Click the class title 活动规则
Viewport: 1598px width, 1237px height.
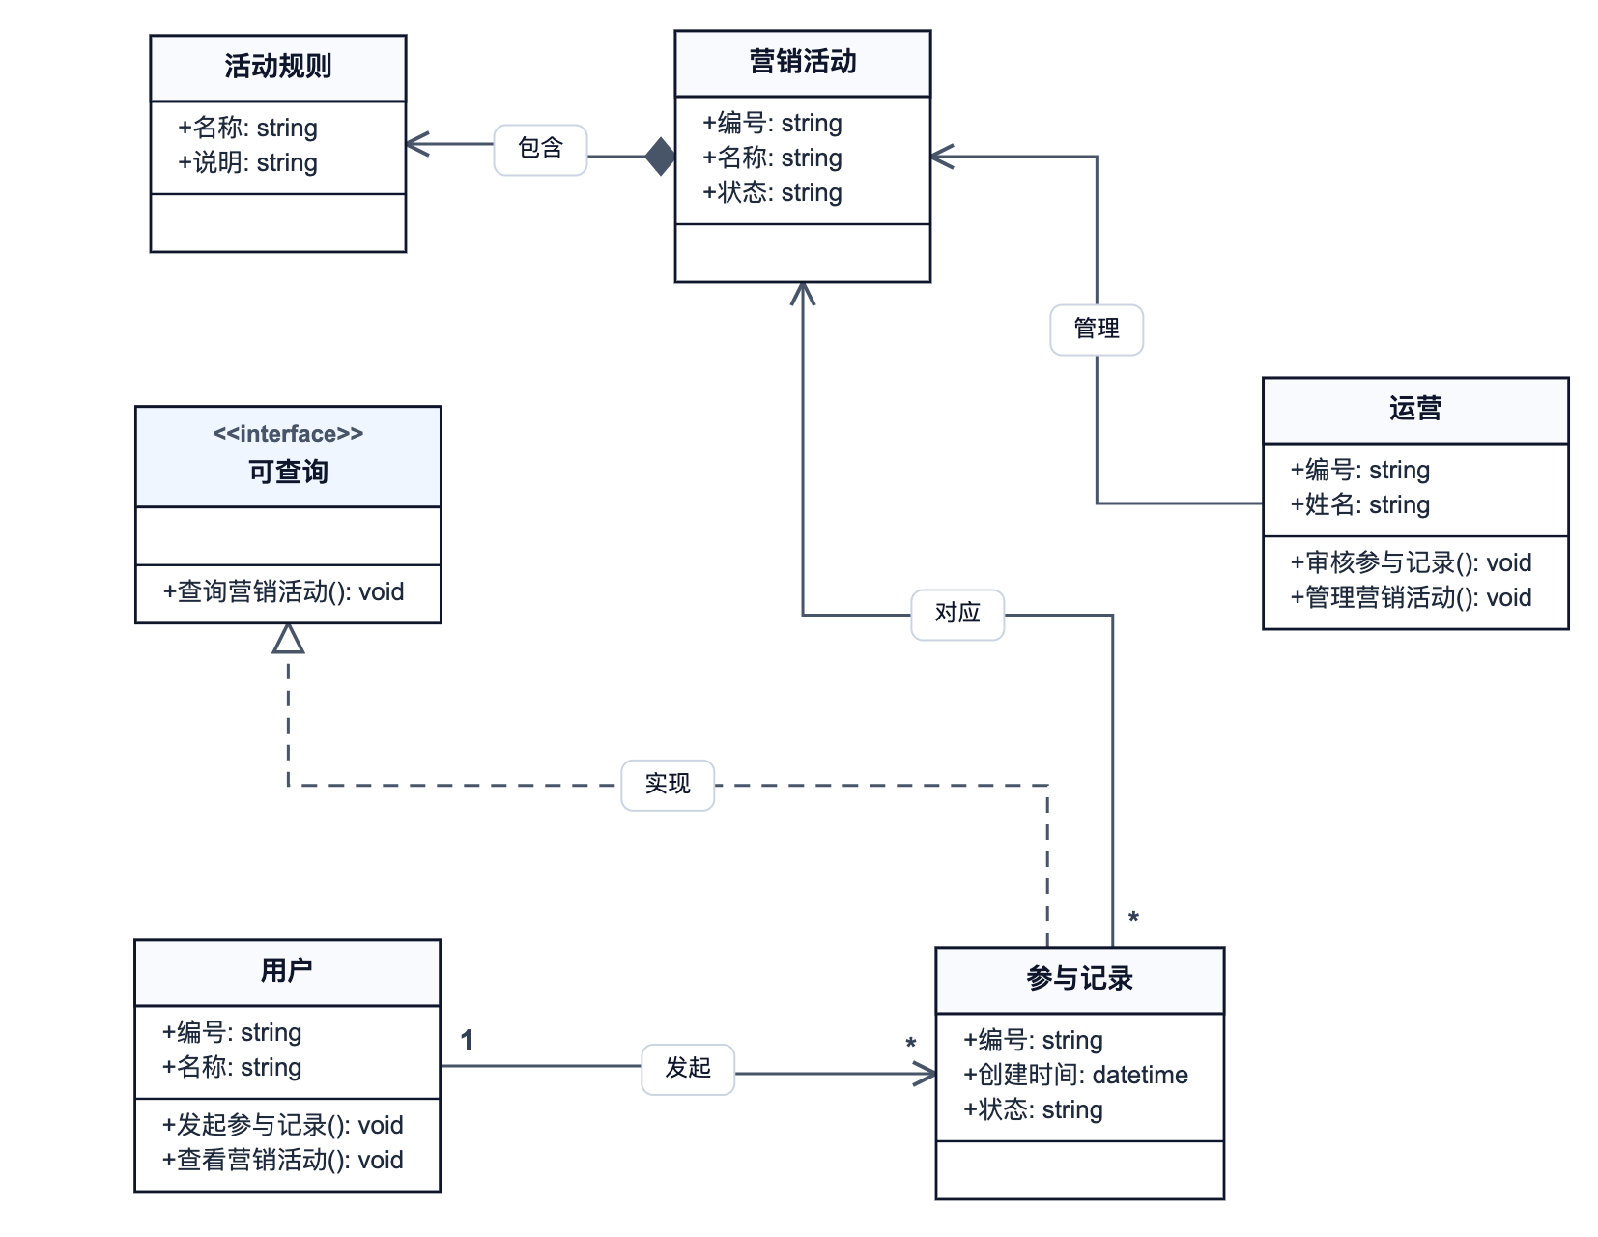point(277,67)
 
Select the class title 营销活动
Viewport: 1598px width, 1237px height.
point(802,62)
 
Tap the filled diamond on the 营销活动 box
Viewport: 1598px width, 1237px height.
point(661,157)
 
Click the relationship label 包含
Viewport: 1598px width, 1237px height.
point(540,149)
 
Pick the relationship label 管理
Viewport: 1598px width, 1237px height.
point(1097,330)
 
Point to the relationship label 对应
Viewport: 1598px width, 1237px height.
point(957,614)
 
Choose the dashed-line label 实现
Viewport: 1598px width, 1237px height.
point(668,785)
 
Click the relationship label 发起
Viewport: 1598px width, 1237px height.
point(688,1069)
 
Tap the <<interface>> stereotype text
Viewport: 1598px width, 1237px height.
point(288,434)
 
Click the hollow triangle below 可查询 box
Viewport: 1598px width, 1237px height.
point(288,639)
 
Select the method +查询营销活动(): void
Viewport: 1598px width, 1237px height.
point(283,592)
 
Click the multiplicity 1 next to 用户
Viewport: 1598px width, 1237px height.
point(467,1041)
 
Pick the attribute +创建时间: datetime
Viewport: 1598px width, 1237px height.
point(1075,1076)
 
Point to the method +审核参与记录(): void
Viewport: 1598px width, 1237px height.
point(1411,563)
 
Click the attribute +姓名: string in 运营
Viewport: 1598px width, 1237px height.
point(1359,505)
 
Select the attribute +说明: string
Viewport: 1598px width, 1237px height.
point(247,163)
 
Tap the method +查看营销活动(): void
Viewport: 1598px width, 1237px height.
point(282,1161)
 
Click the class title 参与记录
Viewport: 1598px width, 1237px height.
point(1079,980)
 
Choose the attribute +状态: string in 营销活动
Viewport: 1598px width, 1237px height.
point(772,193)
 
